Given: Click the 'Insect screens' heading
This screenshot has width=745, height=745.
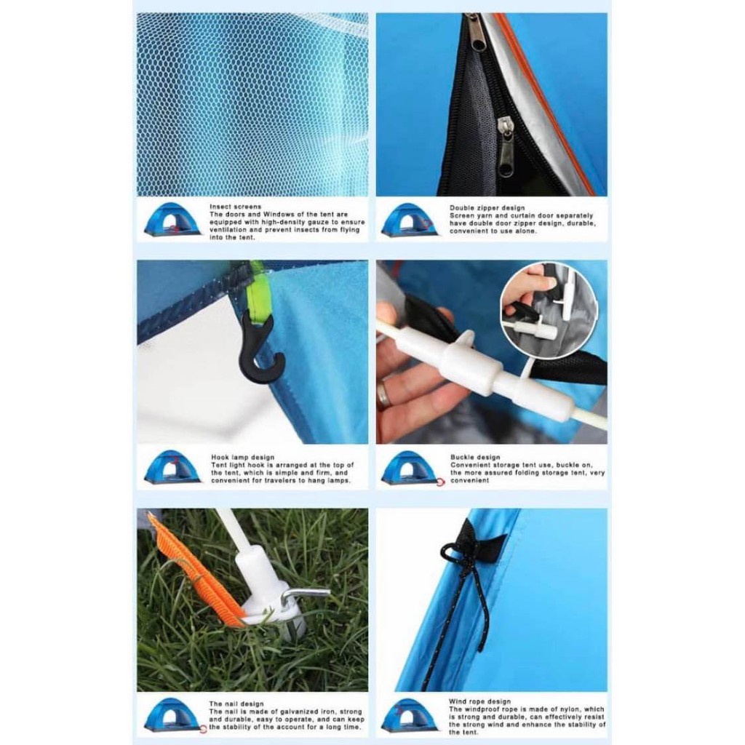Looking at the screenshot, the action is [x=236, y=207].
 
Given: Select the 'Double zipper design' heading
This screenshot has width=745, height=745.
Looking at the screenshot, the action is [x=487, y=207].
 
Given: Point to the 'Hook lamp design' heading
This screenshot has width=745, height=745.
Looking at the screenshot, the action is [x=243, y=457].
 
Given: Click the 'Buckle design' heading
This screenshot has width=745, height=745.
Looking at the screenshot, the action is [x=475, y=457].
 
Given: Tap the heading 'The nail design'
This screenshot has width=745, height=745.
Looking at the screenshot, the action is [x=236, y=704].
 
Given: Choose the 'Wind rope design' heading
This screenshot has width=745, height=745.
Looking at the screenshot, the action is [x=480, y=701].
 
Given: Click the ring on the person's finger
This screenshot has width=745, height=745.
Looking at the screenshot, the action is [x=384, y=394].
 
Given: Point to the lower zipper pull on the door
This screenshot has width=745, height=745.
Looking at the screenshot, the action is [x=506, y=146].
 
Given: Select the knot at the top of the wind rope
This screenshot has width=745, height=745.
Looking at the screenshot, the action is [x=448, y=554].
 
